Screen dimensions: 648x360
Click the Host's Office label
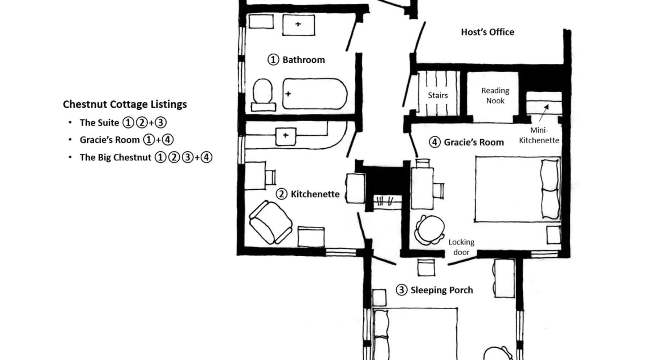pos(487,32)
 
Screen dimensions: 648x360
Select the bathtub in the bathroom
pos(315,94)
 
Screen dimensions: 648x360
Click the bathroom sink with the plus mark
pos(298,25)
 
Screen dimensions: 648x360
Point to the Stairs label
pos(438,95)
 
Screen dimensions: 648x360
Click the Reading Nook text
pos(495,96)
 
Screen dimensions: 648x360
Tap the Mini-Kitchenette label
pos(539,135)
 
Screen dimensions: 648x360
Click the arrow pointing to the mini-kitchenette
pos(544,113)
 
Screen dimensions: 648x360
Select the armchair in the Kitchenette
pos(270,222)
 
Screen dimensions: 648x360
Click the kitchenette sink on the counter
pos(286,136)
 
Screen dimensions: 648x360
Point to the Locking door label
pos(461,247)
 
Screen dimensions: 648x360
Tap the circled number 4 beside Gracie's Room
pos(435,142)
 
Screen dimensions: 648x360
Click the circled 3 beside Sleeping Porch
pos(401,290)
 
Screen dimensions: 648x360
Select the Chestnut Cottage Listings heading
pos(125,104)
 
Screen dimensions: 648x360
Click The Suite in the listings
pos(99,123)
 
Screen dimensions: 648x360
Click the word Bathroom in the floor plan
pos(303,60)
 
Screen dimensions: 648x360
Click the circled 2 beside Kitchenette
pos(282,194)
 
